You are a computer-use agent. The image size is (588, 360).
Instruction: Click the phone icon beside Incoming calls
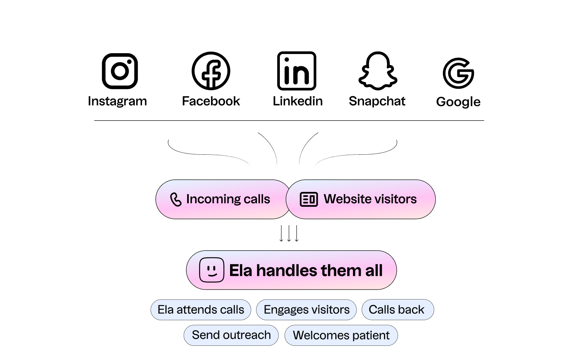[x=176, y=200]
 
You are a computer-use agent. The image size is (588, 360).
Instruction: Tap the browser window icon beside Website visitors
[x=309, y=200]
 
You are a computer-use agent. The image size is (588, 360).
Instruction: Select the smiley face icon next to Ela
[x=212, y=270]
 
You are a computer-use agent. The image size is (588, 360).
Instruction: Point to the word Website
[x=347, y=199]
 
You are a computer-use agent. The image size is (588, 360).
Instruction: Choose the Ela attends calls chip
[x=201, y=309]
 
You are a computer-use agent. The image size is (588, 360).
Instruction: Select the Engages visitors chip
[x=306, y=309]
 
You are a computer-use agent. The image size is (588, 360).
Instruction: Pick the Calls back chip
[x=397, y=309]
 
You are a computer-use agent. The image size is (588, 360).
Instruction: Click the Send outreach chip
[x=231, y=335]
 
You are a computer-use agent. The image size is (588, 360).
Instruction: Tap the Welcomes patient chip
[x=341, y=335]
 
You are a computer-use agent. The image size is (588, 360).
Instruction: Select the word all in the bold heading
[x=374, y=270]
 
